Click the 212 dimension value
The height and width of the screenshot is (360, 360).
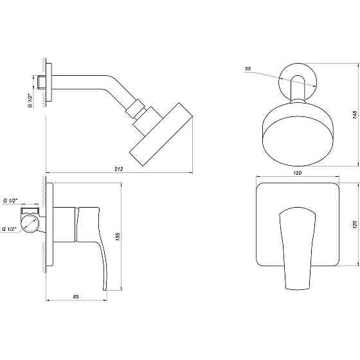click(118, 168)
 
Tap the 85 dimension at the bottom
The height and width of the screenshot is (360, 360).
click(75, 296)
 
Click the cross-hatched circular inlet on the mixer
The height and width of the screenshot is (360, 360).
click(30, 225)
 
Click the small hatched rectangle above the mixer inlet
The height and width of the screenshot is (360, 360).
click(30, 210)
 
